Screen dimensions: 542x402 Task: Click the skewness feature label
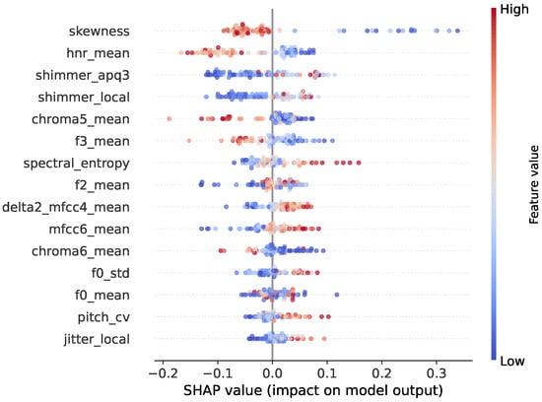click(100, 32)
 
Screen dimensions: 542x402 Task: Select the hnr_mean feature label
click(99, 53)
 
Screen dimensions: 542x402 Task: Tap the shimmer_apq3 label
click(83, 76)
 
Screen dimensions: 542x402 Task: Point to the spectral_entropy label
click(77, 164)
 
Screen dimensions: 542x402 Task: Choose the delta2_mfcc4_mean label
click(66, 207)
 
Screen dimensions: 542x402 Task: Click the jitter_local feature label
click(97, 340)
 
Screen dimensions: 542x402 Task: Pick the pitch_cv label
click(103, 317)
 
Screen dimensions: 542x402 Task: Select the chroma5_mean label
click(81, 119)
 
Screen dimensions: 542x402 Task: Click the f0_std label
click(110, 273)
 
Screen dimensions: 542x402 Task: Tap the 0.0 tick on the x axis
click(272, 373)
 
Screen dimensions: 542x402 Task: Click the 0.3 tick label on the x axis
click(437, 373)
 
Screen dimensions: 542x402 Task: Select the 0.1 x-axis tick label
click(327, 373)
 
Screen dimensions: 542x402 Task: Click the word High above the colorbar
click(514, 9)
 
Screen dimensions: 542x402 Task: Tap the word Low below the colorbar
click(512, 362)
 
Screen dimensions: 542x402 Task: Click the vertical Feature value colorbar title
click(534, 184)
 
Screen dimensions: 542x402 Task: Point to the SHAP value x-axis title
click(313, 390)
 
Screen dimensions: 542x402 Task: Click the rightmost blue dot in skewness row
click(457, 31)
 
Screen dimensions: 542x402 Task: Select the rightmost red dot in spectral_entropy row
click(359, 163)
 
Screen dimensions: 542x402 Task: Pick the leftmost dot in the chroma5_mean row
click(169, 119)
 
